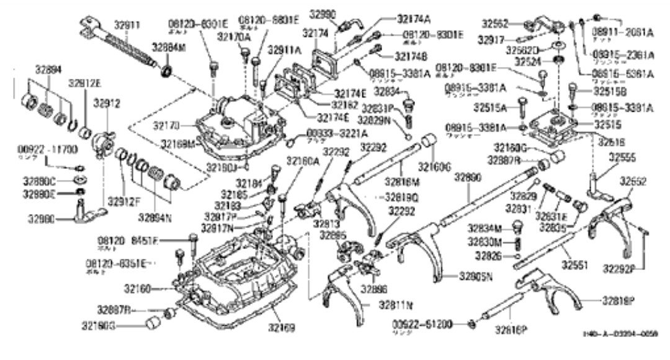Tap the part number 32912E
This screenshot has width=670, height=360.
coord(84,83)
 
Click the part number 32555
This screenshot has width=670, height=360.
coord(621,157)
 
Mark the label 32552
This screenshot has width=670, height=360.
coord(633,182)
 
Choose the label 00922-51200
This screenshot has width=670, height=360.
coord(429,323)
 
